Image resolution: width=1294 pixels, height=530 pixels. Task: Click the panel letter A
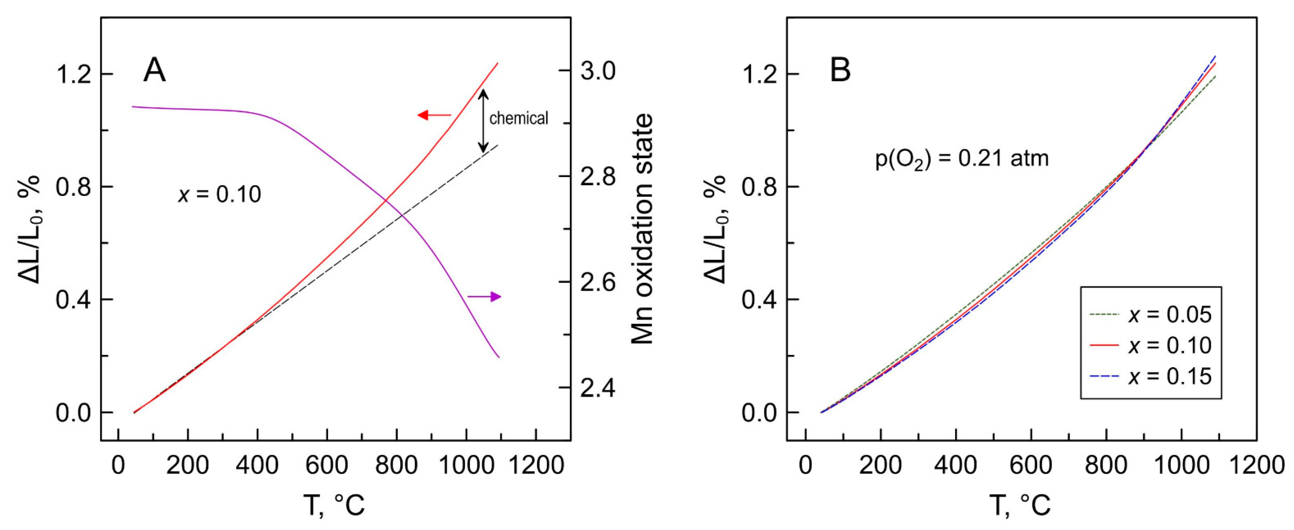pyautogui.click(x=154, y=70)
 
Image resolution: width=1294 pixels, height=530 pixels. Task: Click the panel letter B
pyautogui.click(x=840, y=70)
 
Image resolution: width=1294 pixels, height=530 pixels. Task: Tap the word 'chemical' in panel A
pyautogui.click(x=518, y=119)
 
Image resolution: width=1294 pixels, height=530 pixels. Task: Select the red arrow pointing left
pyautogui.click(x=434, y=116)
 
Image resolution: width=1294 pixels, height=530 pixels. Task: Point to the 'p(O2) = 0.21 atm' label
pyautogui.click(x=962, y=159)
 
